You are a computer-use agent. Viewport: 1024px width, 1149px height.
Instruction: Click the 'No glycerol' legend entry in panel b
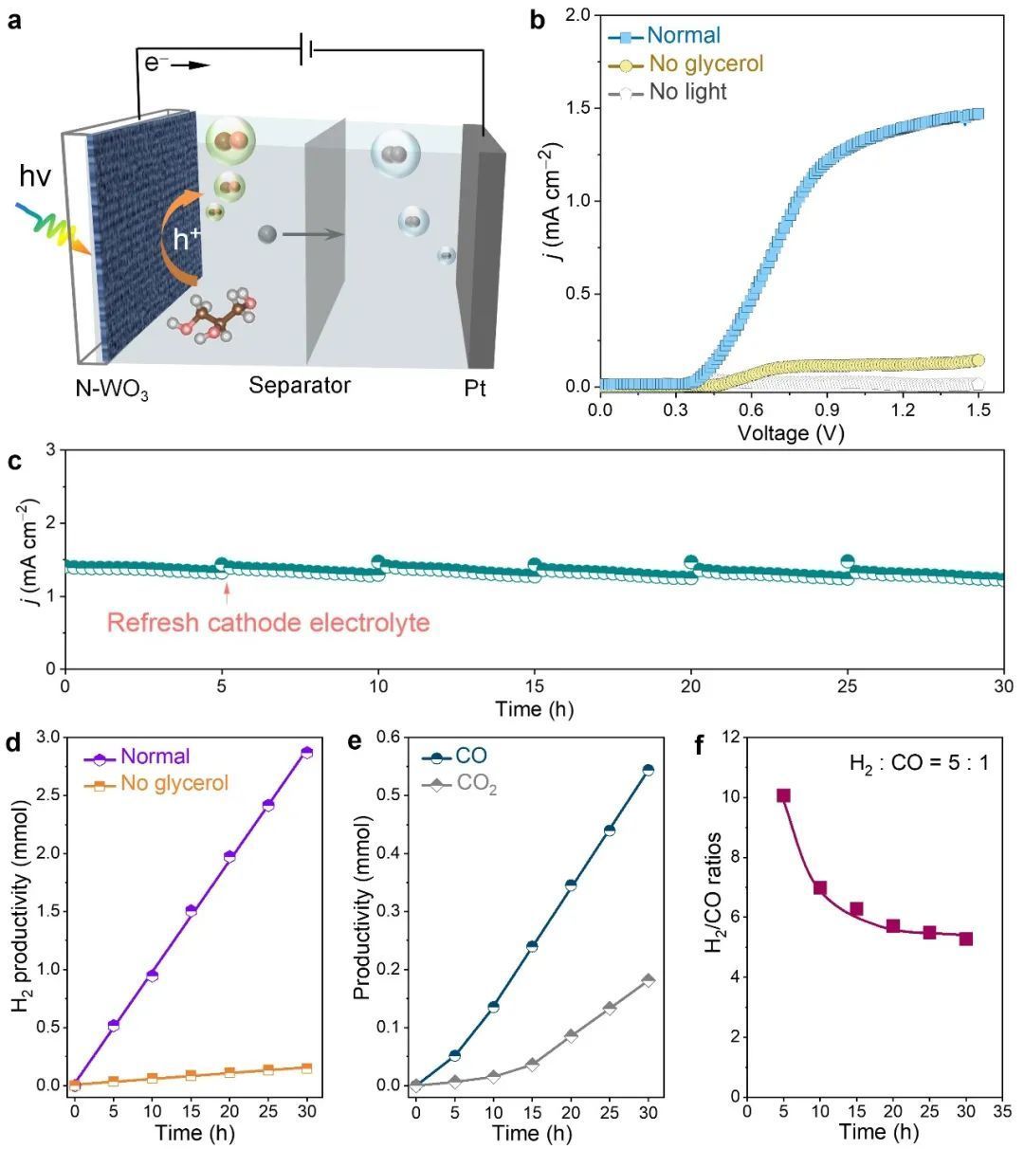[x=705, y=64]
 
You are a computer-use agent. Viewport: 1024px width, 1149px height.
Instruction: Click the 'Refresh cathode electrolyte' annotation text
[x=268, y=623]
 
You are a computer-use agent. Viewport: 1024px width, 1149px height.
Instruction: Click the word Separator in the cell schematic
[x=300, y=386]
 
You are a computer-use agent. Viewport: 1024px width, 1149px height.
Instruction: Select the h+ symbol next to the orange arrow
[x=186, y=239]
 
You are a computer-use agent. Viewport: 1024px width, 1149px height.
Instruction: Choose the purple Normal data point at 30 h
[x=306, y=753]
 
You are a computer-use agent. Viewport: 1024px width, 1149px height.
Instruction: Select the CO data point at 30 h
[x=648, y=770]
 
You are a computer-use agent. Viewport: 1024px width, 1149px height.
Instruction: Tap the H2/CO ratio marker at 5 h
[x=783, y=795]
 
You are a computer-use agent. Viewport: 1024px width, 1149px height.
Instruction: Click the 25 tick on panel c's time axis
[x=848, y=685]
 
